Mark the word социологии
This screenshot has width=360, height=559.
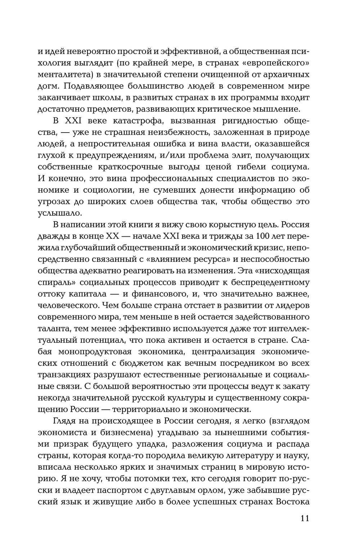(x=103, y=190)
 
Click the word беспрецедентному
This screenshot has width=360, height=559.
(x=269, y=283)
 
